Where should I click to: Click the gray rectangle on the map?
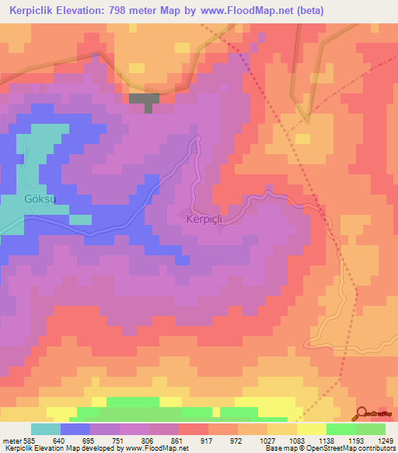pos(145,99)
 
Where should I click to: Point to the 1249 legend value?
pos(375,439)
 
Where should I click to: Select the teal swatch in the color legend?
pos(46,429)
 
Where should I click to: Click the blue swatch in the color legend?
pos(75,429)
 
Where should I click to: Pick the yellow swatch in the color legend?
pos(311,429)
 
